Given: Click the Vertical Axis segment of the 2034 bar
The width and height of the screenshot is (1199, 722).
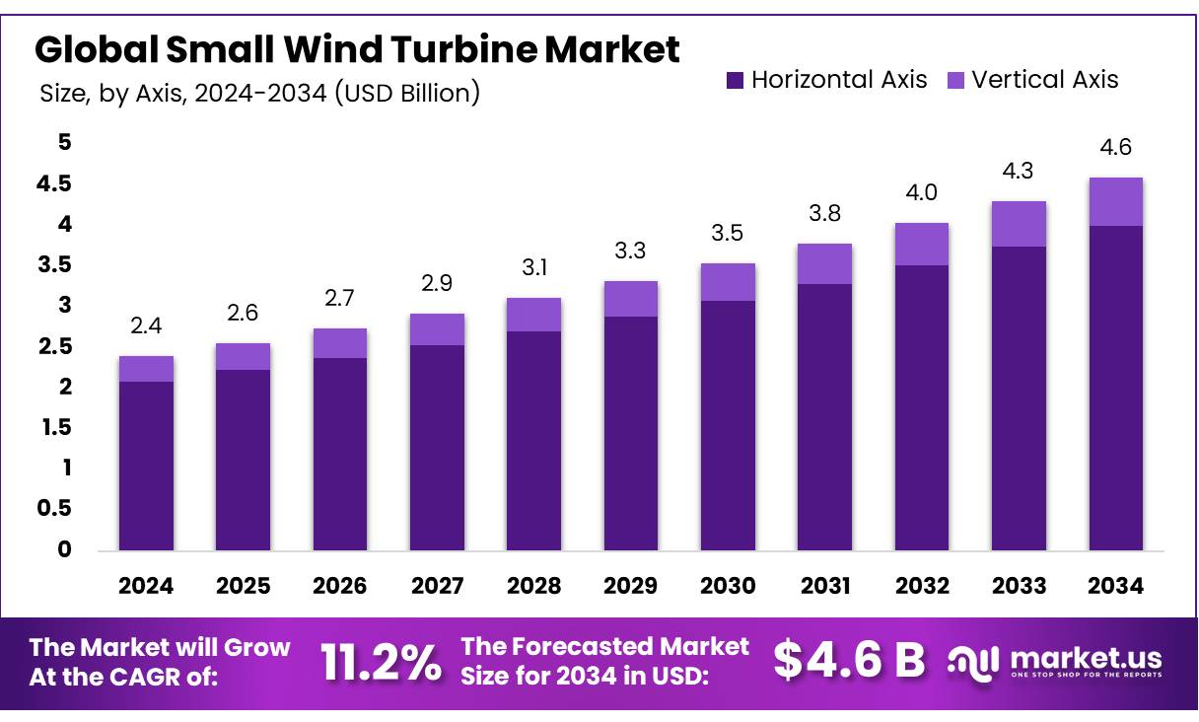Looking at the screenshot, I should pos(1115,201).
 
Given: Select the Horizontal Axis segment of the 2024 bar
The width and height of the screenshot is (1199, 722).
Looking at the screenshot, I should pos(146,465).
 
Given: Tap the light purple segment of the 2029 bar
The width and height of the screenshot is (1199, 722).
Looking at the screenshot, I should pos(631,299).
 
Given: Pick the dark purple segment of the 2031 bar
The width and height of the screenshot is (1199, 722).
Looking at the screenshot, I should pos(824,416).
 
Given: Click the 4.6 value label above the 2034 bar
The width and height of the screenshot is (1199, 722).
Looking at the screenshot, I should pos(1115,148).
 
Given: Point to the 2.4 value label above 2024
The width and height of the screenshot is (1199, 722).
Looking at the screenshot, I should pos(146,326).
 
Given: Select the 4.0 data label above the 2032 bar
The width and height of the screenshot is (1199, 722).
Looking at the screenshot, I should pos(921,192).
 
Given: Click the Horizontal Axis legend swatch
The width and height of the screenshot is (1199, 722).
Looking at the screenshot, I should pos(735,80).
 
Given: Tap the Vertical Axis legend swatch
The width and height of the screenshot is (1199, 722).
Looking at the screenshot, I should pos(955,80).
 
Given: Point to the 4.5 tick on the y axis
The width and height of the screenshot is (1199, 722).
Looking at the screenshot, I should pos(55,184).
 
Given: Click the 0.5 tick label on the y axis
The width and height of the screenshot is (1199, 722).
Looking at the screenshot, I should pos(55,509).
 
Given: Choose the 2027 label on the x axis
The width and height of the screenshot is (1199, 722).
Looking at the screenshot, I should pos(437,586).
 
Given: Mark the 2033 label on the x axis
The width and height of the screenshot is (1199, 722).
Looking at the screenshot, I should pos(1019,586).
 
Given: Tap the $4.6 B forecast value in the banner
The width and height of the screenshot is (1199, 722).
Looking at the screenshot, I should pos(849,660).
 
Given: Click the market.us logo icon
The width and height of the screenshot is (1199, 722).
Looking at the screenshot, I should pos(974,661).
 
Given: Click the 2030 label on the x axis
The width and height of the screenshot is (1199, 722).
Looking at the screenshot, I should pos(728,586).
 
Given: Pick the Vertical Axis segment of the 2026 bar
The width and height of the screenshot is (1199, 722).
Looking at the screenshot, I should pos(340,342).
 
